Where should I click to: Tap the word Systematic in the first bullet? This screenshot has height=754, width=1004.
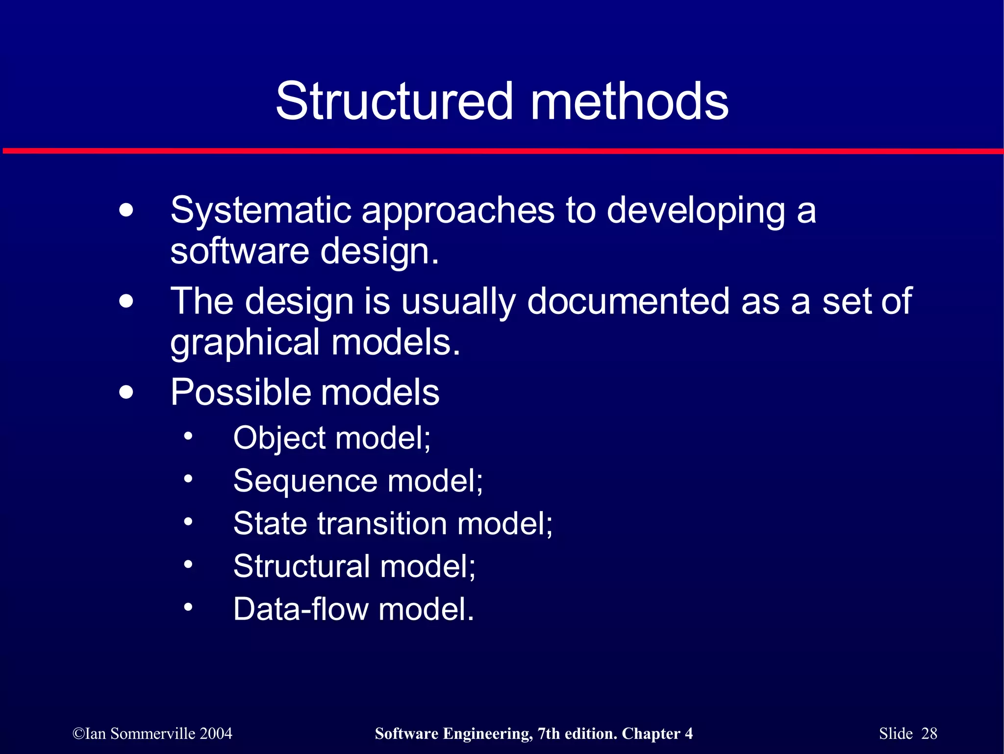click(260, 210)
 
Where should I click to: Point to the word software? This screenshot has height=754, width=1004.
click(239, 251)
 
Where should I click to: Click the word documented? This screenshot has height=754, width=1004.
click(628, 301)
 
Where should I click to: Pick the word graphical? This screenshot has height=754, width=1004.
click(245, 342)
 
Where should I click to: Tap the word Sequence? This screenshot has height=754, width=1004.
click(304, 481)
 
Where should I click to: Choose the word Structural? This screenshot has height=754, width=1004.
click(301, 566)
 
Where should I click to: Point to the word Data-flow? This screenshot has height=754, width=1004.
click(300, 609)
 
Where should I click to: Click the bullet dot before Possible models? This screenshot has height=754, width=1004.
click(126, 392)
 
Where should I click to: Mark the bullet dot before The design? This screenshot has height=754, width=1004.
click(126, 301)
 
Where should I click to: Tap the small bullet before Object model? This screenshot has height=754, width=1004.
click(188, 436)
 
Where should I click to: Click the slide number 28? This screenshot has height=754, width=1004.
click(929, 733)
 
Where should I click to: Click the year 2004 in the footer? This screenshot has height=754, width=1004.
click(216, 733)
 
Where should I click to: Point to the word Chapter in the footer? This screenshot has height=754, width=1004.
click(651, 733)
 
